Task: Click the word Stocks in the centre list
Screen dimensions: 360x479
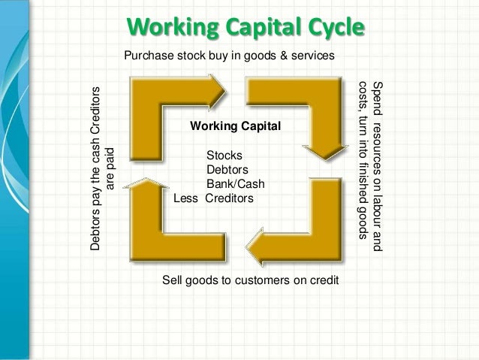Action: pos(224,156)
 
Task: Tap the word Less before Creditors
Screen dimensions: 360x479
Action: pos(186,199)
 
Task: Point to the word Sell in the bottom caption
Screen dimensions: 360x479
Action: pos(173,280)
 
